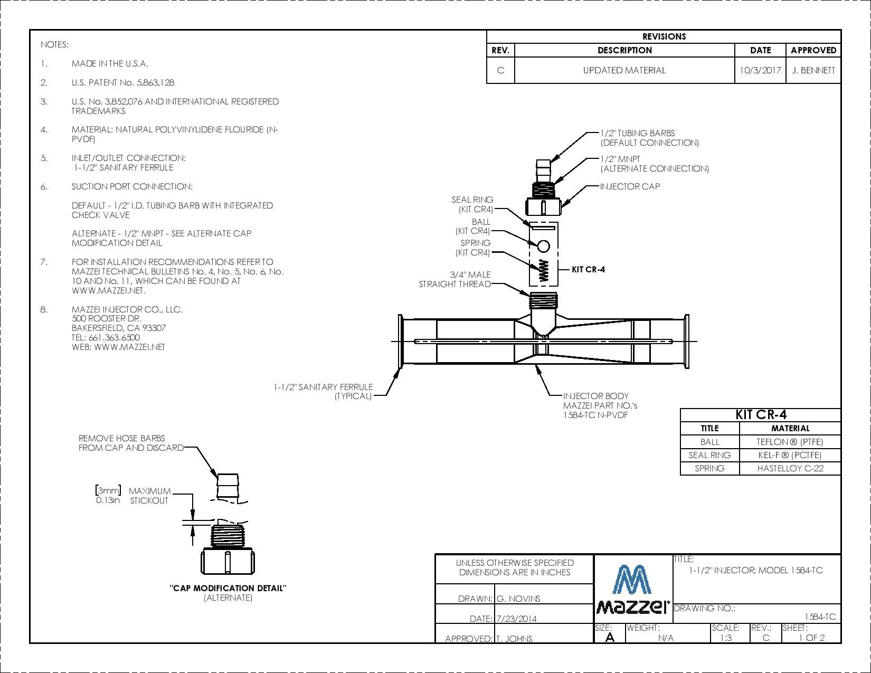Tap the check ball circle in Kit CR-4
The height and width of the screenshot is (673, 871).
click(x=544, y=246)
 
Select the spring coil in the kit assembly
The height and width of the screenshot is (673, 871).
click(x=544, y=270)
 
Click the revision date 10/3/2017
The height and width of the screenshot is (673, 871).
click(x=760, y=70)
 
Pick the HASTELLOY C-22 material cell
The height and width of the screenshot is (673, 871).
click(x=790, y=468)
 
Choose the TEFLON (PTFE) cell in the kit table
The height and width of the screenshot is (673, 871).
click(x=790, y=442)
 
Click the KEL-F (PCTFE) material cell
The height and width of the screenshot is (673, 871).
click(x=790, y=455)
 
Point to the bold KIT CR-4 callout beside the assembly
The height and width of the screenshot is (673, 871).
click(x=588, y=269)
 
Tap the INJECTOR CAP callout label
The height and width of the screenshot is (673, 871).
click(x=630, y=186)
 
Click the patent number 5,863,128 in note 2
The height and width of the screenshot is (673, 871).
click(x=156, y=82)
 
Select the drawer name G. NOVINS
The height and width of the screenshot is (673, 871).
click(x=518, y=599)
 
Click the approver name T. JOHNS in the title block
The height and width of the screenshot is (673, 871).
click(x=514, y=639)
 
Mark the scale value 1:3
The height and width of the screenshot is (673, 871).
click(x=726, y=638)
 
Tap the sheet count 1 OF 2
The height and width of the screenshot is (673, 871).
click(x=812, y=638)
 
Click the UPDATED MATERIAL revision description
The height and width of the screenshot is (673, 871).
click(x=624, y=70)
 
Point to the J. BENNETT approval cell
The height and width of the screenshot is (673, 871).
click(x=813, y=70)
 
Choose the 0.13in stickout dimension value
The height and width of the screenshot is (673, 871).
click(x=108, y=500)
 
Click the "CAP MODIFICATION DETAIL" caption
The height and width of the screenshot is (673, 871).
click(x=228, y=588)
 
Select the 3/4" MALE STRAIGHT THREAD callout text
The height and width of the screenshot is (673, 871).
click(x=455, y=279)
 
